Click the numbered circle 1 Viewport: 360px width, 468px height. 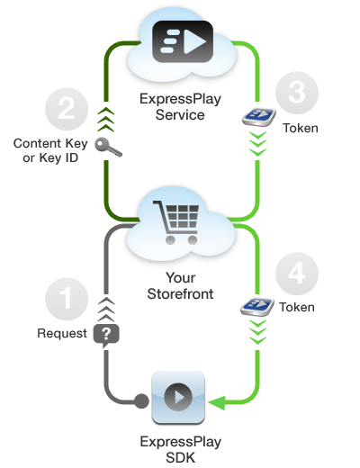[67, 299]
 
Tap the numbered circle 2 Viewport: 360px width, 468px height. [67, 109]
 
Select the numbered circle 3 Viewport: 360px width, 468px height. [297, 93]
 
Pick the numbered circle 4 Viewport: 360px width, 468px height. [297, 274]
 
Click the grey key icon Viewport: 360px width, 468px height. [108, 147]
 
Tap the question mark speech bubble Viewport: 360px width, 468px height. [106, 336]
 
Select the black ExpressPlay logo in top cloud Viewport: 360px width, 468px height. [183, 41]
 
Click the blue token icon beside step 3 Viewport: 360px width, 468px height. [259, 117]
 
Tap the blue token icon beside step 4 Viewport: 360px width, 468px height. [257, 306]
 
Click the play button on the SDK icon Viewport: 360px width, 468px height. [178, 397]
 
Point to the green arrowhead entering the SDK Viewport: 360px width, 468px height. [217, 403]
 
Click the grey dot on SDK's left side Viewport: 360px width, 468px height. [141, 401]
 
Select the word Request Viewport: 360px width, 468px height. [62, 334]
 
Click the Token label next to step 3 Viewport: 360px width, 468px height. [301, 128]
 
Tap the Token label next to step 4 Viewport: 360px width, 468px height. [297, 307]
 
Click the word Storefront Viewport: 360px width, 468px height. [180, 293]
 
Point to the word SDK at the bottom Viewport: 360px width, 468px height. [181, 458]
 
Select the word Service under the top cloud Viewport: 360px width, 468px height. [180, 115]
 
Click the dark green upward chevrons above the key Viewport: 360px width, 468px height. [106, 120]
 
